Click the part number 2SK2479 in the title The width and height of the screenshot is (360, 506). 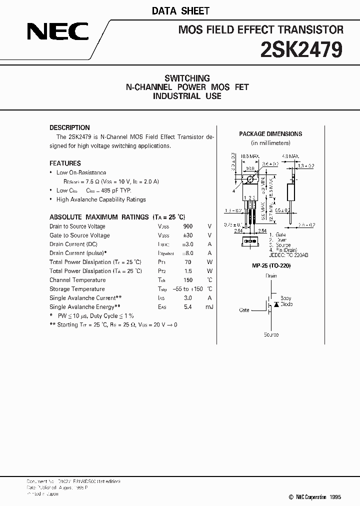point(301,50)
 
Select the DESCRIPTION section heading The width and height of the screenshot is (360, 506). point(69,127)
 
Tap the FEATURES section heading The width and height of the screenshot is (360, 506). point(65,163)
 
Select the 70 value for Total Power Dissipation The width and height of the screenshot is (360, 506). point(188,262)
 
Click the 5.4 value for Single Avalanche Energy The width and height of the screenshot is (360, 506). point(188,306)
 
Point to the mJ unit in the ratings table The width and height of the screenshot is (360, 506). point(209,306)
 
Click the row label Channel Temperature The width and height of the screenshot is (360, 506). point(77,280)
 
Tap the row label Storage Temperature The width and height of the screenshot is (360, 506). point(77,289)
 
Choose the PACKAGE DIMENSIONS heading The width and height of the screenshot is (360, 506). point(270,134)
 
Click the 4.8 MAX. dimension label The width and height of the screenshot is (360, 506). point(290,156)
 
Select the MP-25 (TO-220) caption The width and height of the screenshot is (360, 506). point(271,266)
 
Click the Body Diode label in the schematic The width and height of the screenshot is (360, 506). point(286,301)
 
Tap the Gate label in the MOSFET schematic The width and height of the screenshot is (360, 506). point(244,310)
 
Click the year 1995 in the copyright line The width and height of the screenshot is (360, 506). point(334,497)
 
